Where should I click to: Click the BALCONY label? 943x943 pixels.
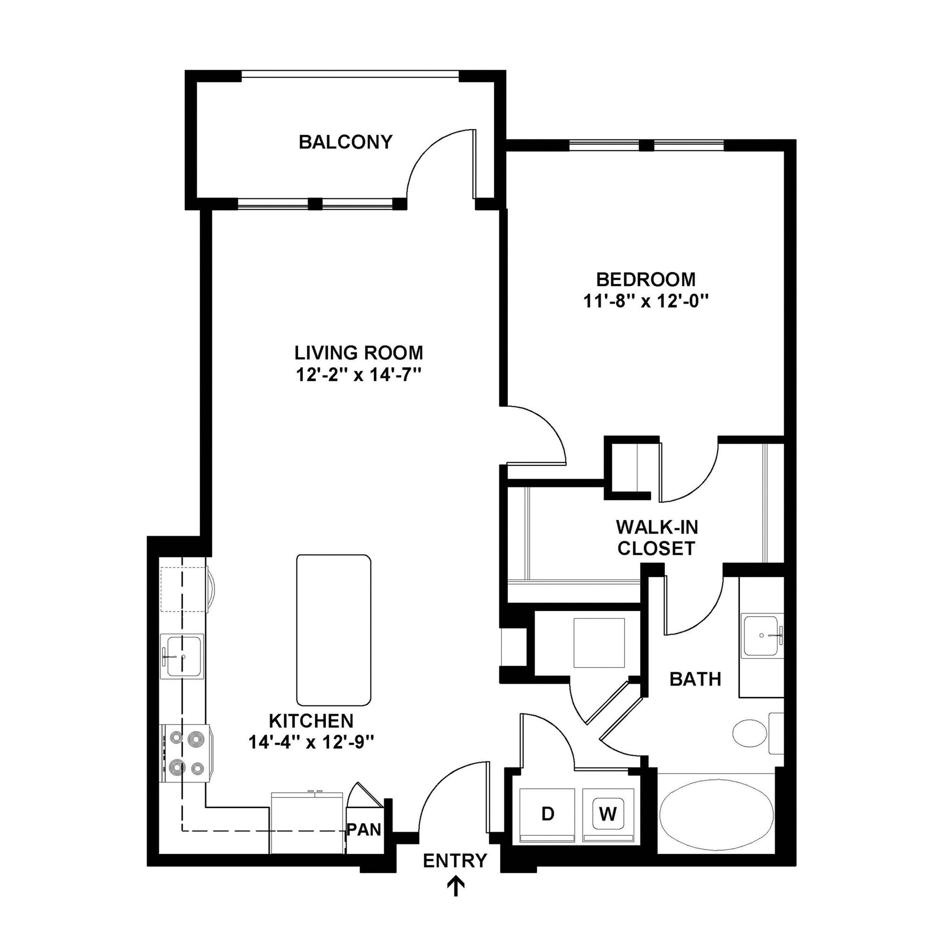[x=345, y=142]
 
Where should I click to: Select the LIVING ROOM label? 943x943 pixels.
[x=359, y=352]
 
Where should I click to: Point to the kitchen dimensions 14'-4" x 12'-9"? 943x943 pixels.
[x=312, y=742]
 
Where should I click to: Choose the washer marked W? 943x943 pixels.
[x=608, y=814]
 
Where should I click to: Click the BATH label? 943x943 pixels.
[x=695, y=679]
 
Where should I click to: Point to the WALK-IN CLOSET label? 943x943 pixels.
[x=657, y=538]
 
